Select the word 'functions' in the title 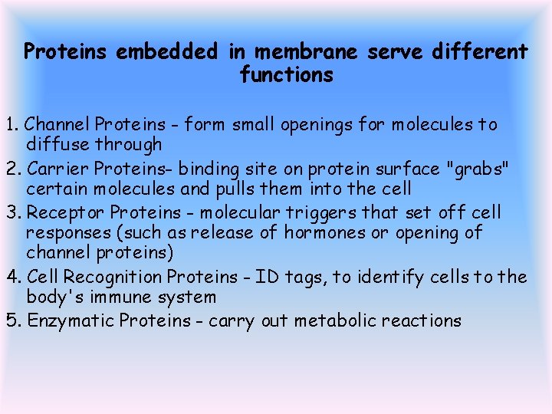click(x=287, y=75)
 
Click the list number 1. click(x=11, y=124)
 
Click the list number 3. click(x=12, y=212)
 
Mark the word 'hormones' click(x=325, y=233)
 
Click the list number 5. click(x=12, y=320)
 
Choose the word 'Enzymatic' click(x=71, y=321)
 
